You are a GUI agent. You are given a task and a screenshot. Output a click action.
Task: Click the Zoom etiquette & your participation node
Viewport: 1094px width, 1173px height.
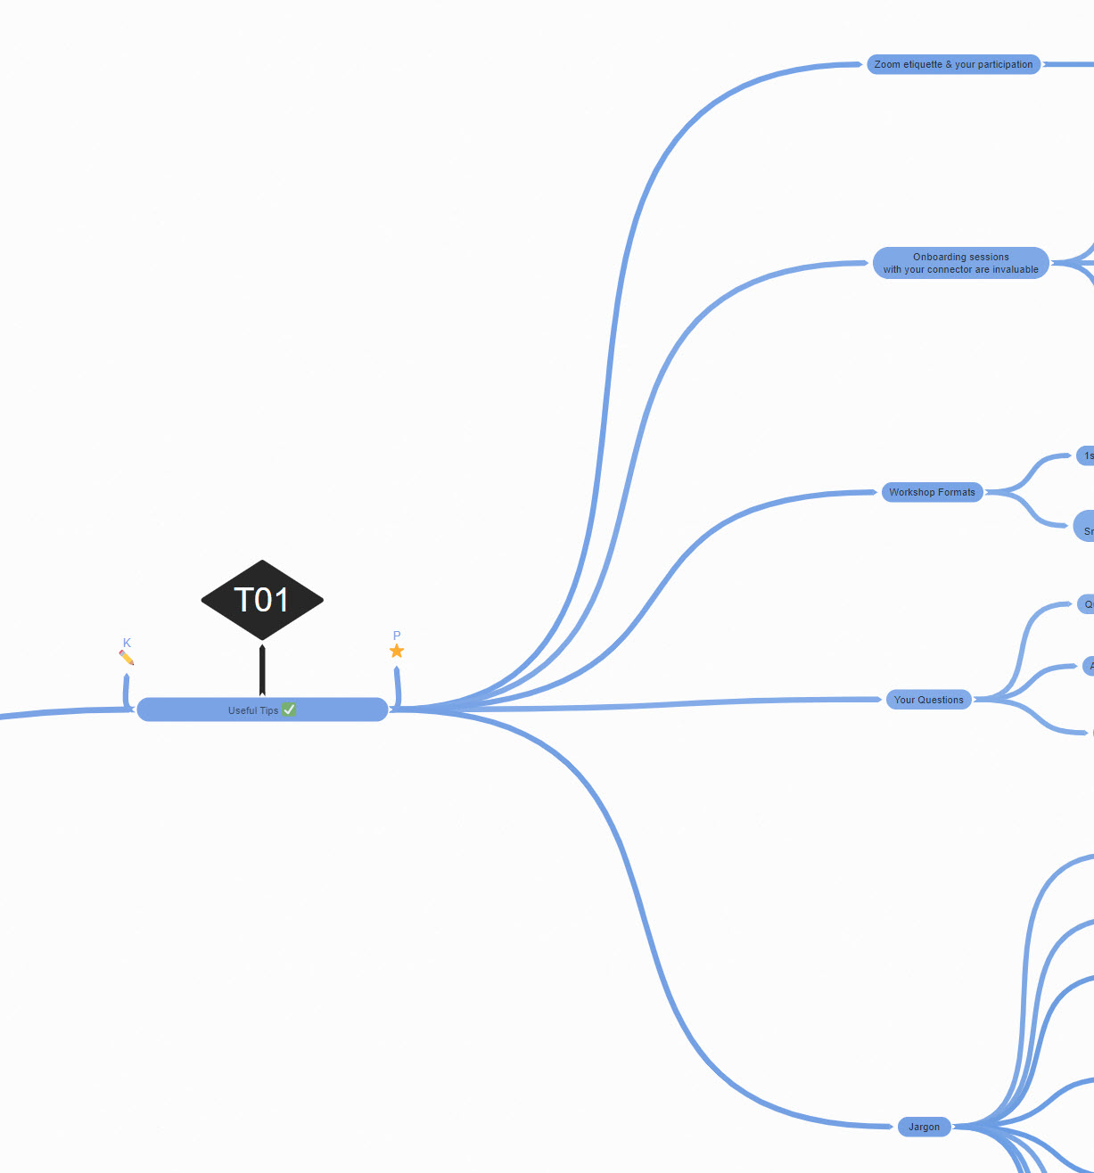[953, 64]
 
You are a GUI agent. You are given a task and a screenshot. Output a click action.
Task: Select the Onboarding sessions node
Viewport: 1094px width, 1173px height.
[960, 263]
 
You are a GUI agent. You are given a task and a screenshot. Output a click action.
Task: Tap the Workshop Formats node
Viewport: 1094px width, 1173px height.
[932, 492]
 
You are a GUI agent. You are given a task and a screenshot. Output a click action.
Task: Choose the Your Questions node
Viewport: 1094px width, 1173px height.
[928, 700]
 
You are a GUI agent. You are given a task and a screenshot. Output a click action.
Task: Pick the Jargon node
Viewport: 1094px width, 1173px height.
[924, 1127]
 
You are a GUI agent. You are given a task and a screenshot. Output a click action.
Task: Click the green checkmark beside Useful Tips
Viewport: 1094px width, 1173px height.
[289, 710]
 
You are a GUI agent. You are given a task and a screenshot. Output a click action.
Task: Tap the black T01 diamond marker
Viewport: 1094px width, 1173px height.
[262, 600]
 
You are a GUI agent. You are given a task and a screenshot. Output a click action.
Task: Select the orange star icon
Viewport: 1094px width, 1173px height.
[397, 652]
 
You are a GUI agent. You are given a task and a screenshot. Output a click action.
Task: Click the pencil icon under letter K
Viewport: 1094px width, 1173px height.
[127, 658]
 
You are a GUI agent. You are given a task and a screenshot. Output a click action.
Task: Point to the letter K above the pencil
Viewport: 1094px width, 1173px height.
[127, 643]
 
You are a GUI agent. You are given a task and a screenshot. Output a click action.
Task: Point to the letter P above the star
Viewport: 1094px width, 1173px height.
[397, 636]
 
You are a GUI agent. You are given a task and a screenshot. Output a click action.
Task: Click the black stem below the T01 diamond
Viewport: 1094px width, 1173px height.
[262, 670]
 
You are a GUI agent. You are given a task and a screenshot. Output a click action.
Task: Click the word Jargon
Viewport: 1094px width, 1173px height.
[924, 1127]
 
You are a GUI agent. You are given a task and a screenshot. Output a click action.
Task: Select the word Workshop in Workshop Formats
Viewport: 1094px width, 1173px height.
[911, 492]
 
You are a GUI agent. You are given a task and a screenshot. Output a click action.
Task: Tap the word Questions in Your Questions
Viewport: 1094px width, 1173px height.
[941, 700]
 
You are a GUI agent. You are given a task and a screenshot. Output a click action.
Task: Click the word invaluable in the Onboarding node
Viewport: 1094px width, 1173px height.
[1016, 269]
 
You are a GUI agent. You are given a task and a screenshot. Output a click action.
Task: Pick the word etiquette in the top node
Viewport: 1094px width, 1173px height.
[923, 64]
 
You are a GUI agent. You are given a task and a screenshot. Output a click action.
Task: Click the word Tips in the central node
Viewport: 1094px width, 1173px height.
[267, 710]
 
